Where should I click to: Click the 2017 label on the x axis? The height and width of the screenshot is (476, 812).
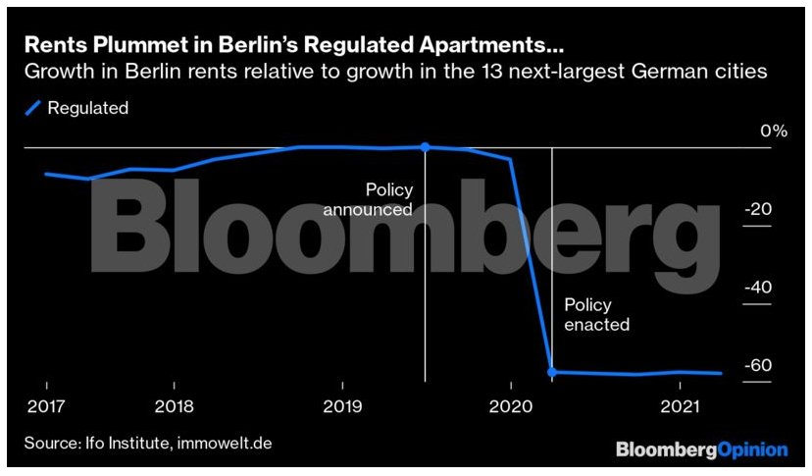[x=45, y=405]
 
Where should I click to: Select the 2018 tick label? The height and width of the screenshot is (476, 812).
[x=173, y=405]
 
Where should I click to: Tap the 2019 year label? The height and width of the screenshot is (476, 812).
[x=341, y=405]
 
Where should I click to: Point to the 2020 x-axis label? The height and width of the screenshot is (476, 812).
[x=509, y=405]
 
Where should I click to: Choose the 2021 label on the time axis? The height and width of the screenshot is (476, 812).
[x=678, y=405]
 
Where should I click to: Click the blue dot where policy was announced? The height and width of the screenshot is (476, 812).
[x=425, y=147]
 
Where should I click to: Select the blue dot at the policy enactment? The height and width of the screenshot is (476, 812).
[x=551, y=372]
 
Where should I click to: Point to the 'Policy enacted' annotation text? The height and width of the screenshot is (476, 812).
[x=596, y=314]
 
